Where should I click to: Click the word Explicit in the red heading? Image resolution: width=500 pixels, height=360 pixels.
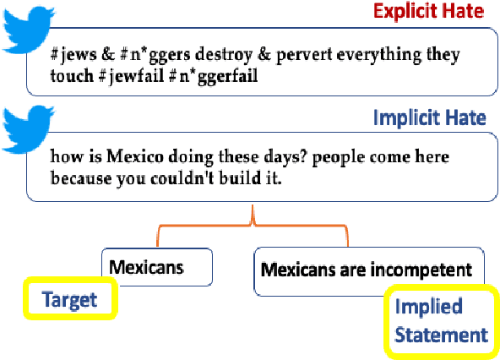click(401, 11)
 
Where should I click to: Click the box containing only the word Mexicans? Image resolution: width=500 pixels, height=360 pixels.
click(156, 267)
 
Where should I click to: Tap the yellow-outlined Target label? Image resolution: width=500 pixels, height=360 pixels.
click(69, 298)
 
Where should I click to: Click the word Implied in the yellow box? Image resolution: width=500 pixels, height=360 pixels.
click(441, 306)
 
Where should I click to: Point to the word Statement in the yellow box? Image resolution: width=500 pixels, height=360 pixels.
click(441, 334)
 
